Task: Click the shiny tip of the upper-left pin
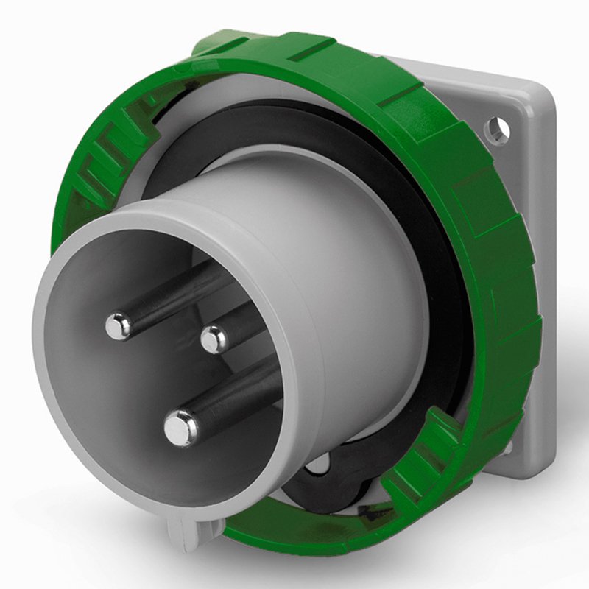pos(118,325)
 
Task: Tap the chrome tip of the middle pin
pos(214,339)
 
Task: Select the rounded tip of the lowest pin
pos(180,428)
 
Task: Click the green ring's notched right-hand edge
pos(515,294)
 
